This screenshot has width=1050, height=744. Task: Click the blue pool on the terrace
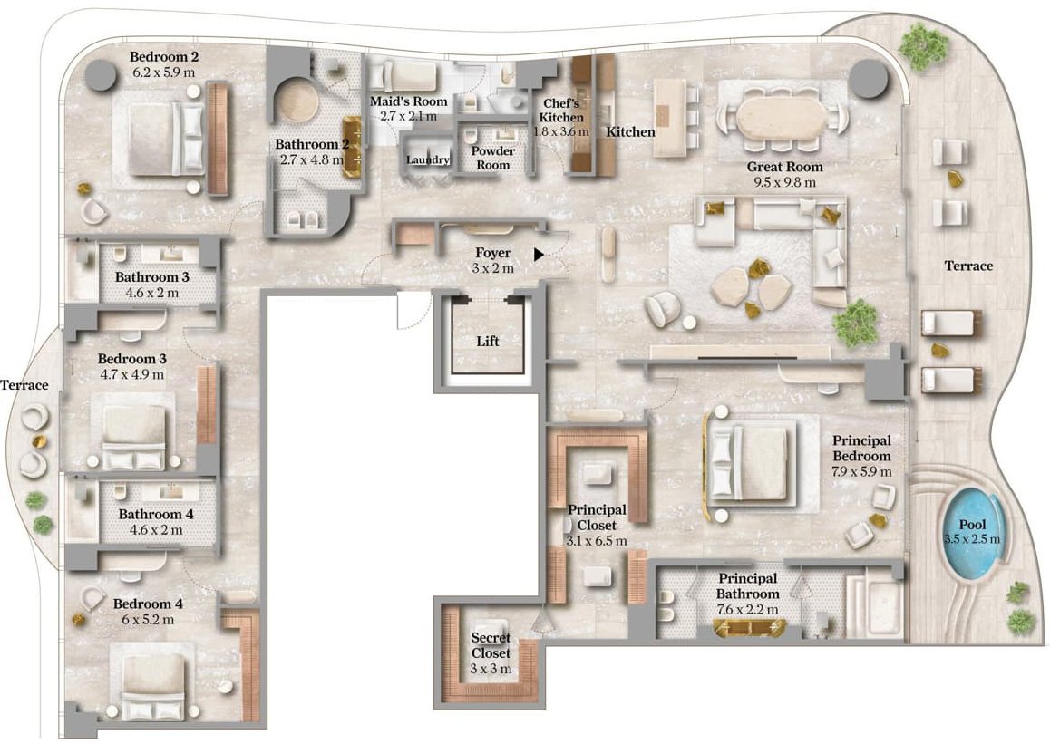[972, 533]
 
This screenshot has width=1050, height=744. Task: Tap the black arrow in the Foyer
[540, 255]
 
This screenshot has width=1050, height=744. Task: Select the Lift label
[488, 342]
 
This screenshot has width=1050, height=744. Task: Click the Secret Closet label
[491, 645]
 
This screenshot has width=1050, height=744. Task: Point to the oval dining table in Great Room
[783, 118]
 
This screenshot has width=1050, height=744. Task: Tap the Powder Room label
[493, 158]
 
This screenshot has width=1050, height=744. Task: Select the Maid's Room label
[408, 101]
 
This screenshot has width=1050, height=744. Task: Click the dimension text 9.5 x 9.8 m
[784, 182]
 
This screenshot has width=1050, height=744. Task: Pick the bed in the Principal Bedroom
[749, 463]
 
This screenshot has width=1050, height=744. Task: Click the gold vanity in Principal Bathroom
[749, 628]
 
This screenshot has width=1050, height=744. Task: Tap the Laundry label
[428, 159]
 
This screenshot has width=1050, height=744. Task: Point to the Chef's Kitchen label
[562, 111]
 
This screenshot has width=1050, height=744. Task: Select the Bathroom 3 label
[152, 277]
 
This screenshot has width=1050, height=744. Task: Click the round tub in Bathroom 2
[298, 101]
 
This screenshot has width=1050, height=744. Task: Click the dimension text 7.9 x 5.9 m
[861, 472]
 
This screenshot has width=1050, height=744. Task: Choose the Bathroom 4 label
[155, 515]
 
